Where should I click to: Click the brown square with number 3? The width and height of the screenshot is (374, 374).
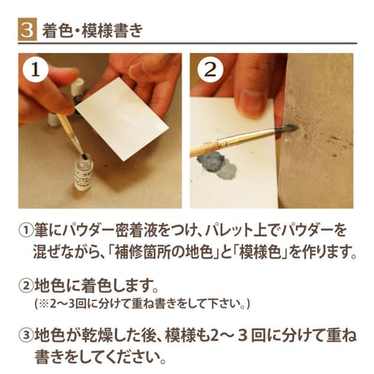click(x=27, y=29)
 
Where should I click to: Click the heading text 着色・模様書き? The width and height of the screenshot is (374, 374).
click(x=92, y=30)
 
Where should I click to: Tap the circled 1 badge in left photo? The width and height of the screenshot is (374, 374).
click(x=35, y=71)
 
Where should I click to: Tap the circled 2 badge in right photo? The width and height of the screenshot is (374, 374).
click(x=211, y=71)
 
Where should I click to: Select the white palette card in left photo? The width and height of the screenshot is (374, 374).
click(x=122, y=119)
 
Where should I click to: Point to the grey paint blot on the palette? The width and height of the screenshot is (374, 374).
click(x=217, y=164)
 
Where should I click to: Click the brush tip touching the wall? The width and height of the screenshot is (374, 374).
click(x=287, y=128)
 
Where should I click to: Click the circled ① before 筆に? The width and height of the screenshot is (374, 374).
click(x=26, y=231)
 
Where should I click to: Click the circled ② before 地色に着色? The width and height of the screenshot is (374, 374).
click(x=26, y=285)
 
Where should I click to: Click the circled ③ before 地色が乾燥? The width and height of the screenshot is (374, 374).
click(x=26, y=336)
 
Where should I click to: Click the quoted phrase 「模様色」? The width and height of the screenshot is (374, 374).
click(x=259, y=252)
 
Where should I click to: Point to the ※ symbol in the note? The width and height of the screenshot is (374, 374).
click(x=44, y=304)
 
